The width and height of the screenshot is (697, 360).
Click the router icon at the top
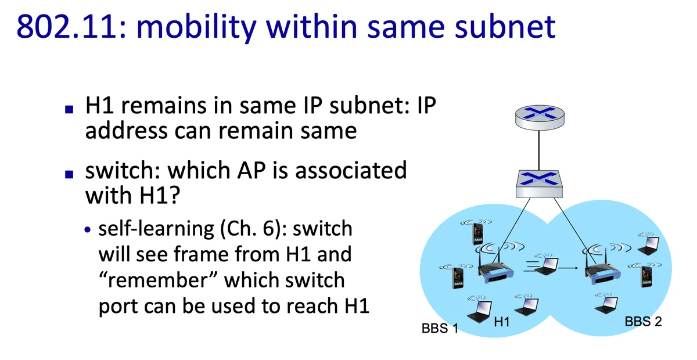pyautogui.click(x=540, y=117)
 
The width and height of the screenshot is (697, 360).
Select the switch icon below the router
pyautogui.click(x=539, y=183)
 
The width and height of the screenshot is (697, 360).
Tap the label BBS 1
pyautogui.click(x=440, y=328)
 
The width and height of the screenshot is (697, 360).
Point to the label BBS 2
pyautogui.click(x=643, y=322)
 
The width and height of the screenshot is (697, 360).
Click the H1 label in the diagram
pyautogui.click(x=502, y=322)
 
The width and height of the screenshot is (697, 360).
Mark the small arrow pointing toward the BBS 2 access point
pyautogui.click(x=568, y=268)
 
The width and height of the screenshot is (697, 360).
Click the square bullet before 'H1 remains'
pyautogui.click(x=69, y=109)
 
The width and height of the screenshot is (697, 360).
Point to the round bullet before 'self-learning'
pyautogui.click(x=88, y=230)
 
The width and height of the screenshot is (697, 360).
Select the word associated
pyautogui.click(x=351, y=170)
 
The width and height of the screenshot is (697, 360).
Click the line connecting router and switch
pyautogui.click(x=539, y=150)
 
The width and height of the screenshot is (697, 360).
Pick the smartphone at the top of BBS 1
pyautogui.click(x=477, y=233)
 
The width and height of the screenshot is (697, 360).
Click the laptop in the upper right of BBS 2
pyautogui.click(x=649, y=246)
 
